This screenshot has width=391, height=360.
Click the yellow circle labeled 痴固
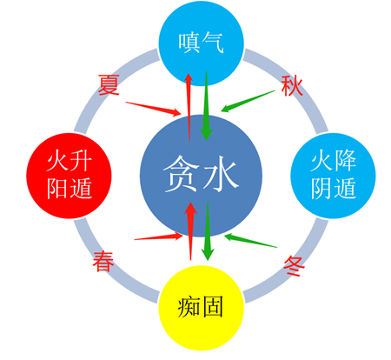[x=201, y=308]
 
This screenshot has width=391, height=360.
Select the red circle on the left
[x=69, y=176]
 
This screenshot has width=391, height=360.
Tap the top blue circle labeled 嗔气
[x=201, y=43]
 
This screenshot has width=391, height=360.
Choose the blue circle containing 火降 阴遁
[x=333, y=176]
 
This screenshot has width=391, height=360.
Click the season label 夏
[x=109, y=84]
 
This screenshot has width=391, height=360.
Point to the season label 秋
[x=292, y=86]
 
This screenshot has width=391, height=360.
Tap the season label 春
[x=103, y=262]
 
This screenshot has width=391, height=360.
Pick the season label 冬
[x=295, y=266]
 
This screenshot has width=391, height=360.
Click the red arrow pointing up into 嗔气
[x=189, y=107]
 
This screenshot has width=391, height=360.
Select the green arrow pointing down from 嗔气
[x=207, y=106]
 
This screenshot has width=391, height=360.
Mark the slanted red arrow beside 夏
[x=153, y=109]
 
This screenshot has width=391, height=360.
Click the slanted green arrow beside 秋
[x=248, y=101]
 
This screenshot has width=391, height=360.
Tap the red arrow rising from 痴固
[x=190, y=231]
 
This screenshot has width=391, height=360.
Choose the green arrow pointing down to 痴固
[x=208, y=231]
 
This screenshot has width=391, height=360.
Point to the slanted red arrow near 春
[x=159, y=237]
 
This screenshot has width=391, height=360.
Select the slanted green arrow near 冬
[x=251, y=241]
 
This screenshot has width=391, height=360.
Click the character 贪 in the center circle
[x=181, y=174]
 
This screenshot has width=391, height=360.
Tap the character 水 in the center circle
[x=222, y=174]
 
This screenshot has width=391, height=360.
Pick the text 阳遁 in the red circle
[x=70, y=189]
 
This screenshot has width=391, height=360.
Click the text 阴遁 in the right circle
[x=334, y=189]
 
